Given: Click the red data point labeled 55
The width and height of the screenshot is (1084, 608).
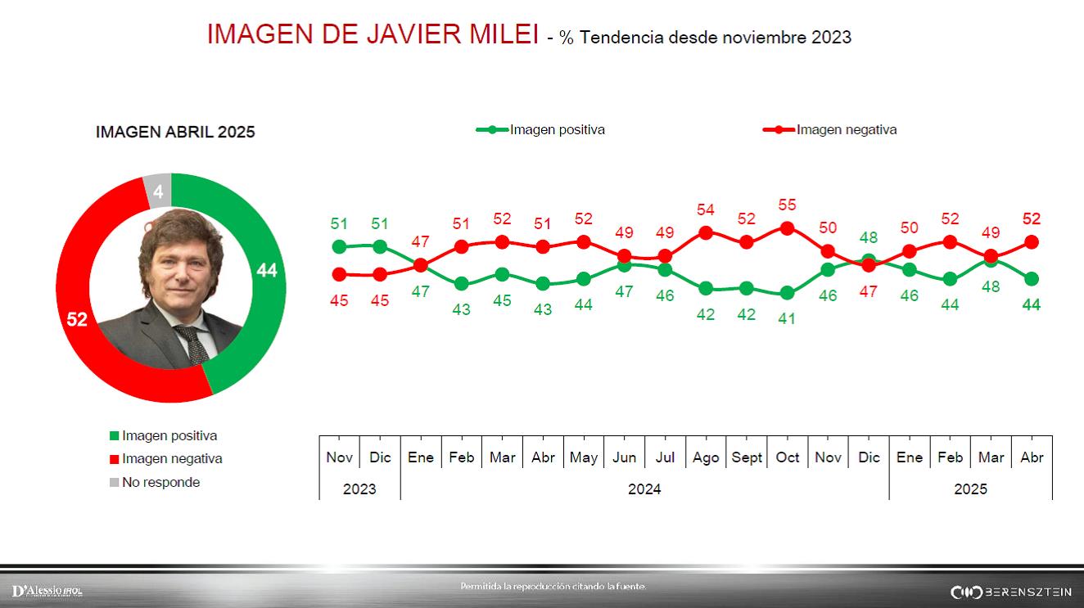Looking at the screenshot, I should click(788, 229).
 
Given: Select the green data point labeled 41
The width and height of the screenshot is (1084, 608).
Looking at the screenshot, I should click(788, 293).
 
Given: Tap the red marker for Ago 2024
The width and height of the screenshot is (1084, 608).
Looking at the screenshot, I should click(706, 233).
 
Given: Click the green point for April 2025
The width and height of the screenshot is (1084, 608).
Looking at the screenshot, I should click(1032, 279).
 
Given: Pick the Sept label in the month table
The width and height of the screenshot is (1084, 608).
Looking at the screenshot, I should click(747, 457).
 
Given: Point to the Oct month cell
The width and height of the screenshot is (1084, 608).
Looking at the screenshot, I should click(788, 457).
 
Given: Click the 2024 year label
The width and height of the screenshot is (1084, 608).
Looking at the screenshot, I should click(644, 489).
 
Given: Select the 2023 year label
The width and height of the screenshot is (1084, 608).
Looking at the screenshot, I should click(359, 489).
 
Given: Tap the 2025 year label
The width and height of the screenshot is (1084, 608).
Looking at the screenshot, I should click(970, 489).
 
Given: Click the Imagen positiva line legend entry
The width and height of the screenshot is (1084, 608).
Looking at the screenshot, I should click(541, 129).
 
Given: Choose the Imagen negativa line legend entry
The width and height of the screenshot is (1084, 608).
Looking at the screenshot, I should click(830, 129).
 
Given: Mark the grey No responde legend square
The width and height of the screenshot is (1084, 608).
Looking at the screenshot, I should click(114, 482).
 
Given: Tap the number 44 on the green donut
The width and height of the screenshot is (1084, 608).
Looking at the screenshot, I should click(267, 271).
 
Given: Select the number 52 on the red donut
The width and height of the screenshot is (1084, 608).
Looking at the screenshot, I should click(77, 320).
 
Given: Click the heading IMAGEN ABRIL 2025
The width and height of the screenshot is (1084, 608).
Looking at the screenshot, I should click(175, 132).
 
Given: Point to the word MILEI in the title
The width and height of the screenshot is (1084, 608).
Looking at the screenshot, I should click(499, 34).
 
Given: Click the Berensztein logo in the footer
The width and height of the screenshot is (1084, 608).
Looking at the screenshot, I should click(1010, 592).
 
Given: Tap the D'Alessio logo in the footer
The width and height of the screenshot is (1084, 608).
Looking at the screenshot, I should click(47, 591).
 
